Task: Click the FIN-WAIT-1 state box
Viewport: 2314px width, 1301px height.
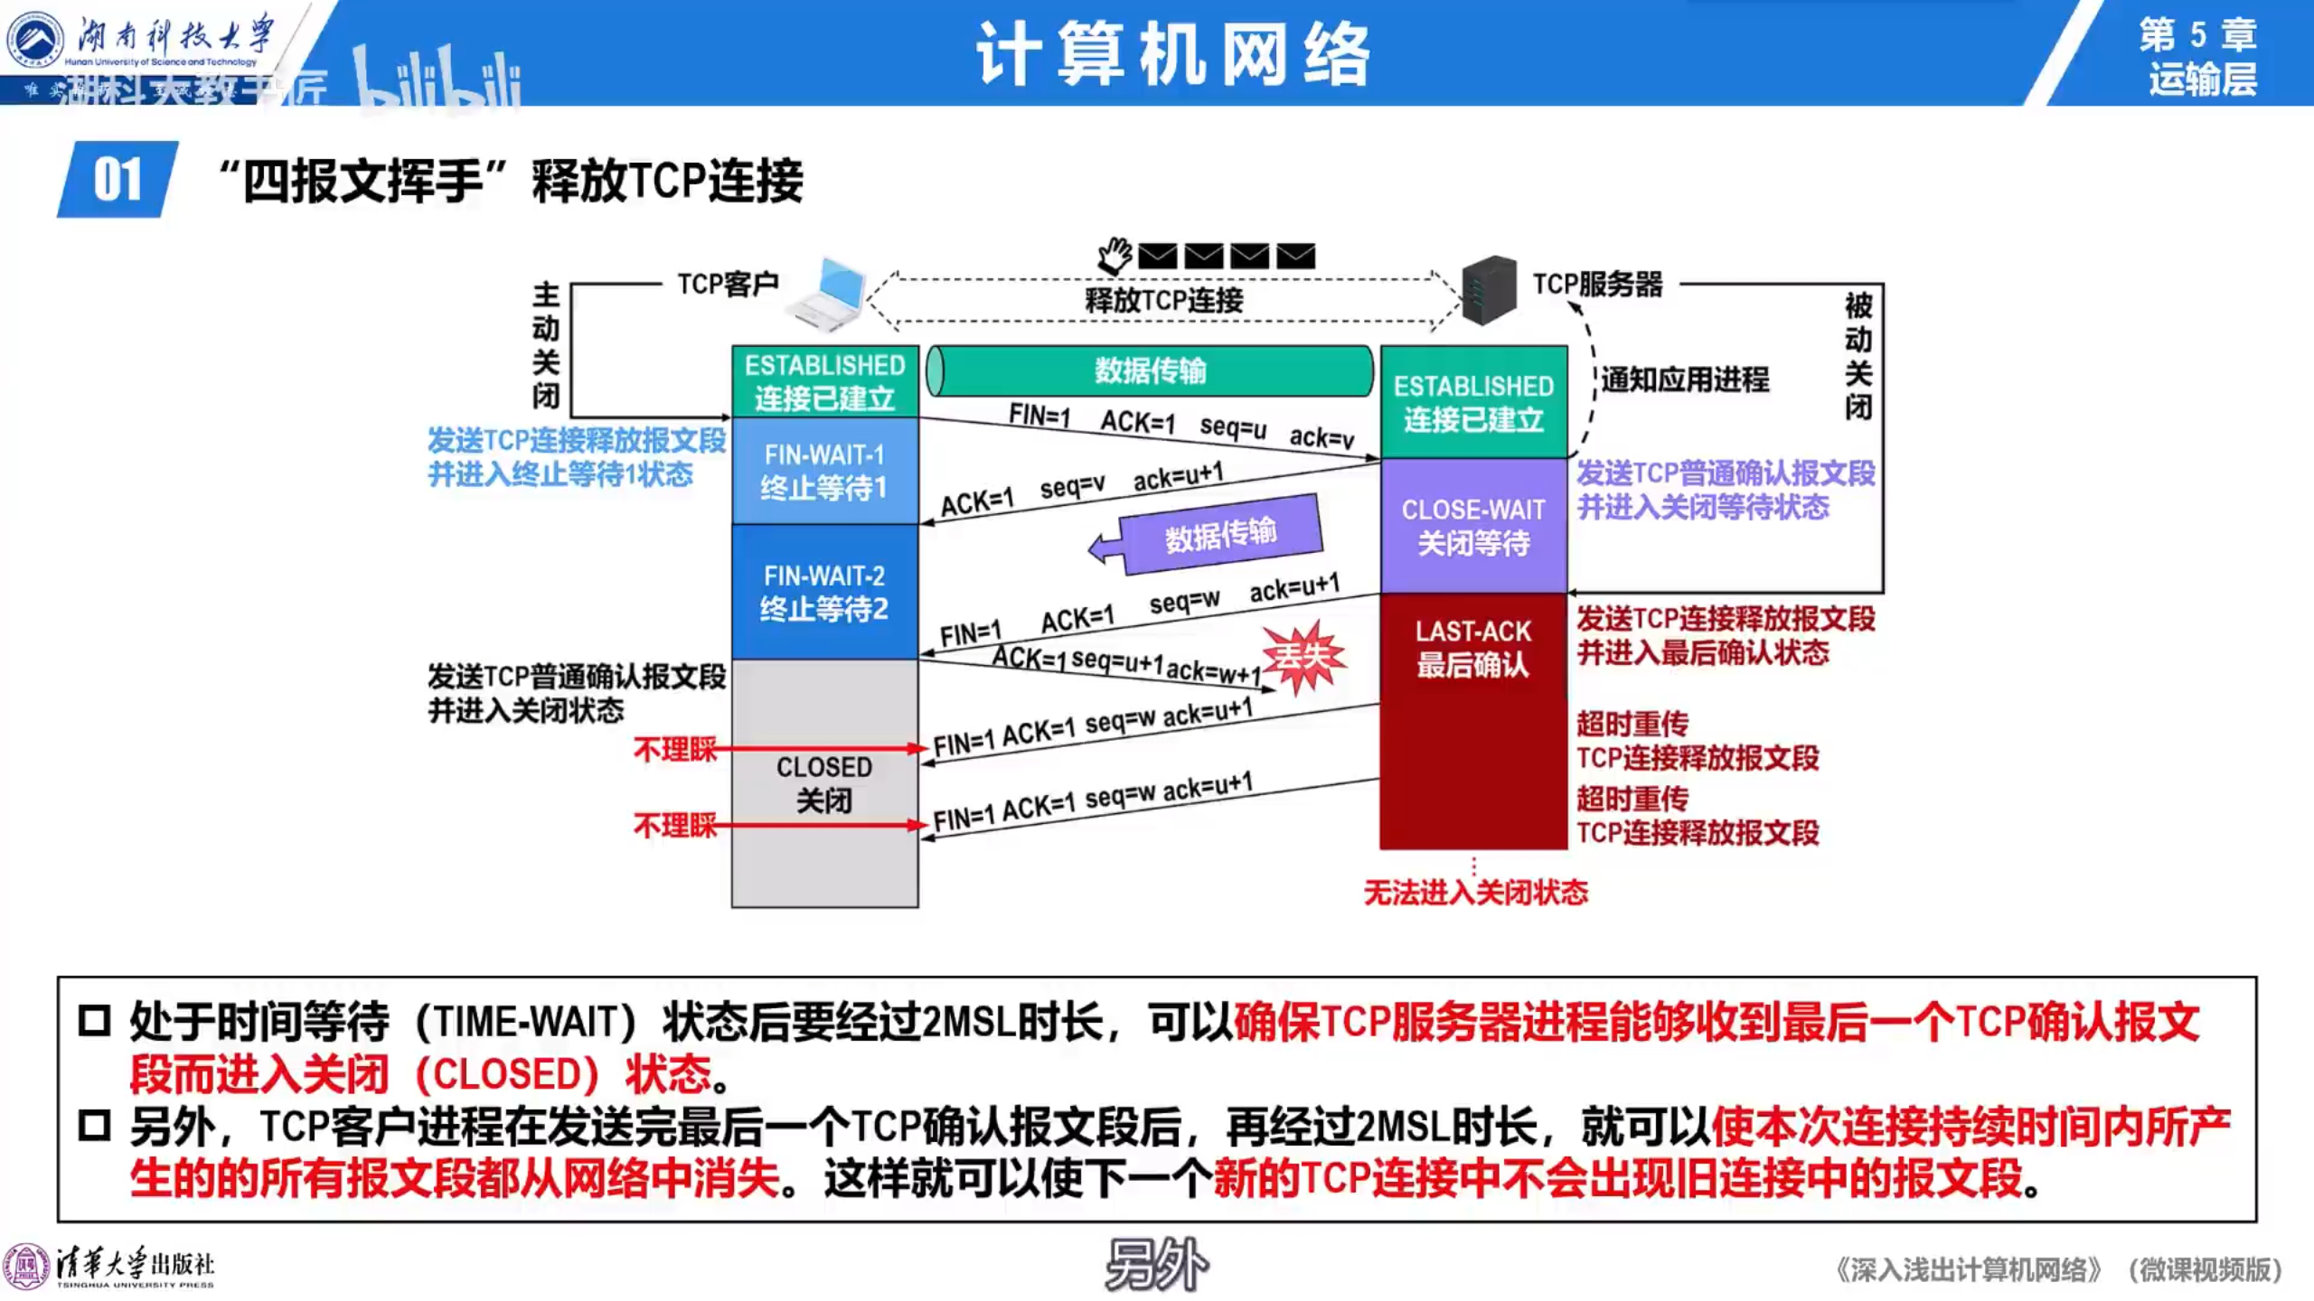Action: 824,471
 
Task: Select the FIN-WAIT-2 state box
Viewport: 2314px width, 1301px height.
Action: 824,592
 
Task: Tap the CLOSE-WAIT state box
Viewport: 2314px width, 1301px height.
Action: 1473,526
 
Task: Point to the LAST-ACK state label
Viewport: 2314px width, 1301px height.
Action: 1473,648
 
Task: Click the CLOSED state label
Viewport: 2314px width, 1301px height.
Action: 824,783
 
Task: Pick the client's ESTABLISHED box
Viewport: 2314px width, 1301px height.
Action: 824,381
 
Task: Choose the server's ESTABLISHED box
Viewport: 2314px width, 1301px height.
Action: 1473,402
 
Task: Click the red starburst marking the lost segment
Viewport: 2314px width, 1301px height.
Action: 1303,657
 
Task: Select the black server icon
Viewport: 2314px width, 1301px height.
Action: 1489,289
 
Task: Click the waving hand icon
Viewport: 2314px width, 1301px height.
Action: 1115,256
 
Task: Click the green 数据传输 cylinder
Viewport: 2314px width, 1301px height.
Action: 1150,370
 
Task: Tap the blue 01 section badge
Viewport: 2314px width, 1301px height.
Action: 118,180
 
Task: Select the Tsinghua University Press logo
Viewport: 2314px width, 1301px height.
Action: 108,1268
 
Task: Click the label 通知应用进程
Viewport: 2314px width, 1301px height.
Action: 1685,379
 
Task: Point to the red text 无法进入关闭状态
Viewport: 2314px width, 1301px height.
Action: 1475,893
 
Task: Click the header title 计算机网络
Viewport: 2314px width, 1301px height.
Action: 1173,54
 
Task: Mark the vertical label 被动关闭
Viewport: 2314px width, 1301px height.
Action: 1858,356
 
